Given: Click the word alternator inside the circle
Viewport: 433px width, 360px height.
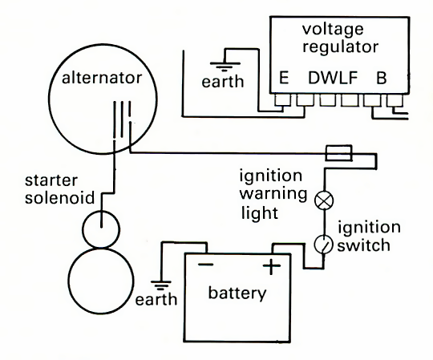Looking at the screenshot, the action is (102, 78).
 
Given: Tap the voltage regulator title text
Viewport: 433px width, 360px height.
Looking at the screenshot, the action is (340, 38).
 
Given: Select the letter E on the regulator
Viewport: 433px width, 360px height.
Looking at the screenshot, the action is (284, 78).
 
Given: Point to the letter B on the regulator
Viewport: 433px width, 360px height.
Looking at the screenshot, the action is (382, 78).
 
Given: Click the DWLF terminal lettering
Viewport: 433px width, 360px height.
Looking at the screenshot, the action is (333, 78).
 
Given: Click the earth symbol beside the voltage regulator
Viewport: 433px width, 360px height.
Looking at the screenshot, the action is (225, 65).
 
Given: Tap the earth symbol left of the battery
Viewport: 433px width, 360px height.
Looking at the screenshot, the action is (161, 285).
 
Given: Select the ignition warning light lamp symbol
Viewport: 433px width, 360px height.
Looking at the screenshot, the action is (324, 200).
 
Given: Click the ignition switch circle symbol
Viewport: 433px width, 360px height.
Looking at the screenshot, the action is (324, 244).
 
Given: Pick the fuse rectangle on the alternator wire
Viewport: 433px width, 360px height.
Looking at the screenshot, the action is (338, 152).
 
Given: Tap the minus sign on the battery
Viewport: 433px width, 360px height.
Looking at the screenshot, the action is (206, 265).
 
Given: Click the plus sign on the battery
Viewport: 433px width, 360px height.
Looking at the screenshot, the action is (272, 266).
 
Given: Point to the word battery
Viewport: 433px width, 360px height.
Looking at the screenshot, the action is (237, 293).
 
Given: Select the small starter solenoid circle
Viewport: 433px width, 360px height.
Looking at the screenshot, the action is (101, 229).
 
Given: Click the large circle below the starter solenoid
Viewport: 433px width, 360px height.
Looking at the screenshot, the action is (101, 281).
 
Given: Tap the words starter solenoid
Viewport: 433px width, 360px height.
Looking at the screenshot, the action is (59, 189).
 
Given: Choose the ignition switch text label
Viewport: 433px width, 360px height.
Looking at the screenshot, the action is (369, 237).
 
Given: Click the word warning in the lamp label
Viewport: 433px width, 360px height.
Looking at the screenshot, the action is (273, 194).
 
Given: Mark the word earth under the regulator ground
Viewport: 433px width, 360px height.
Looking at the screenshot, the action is (223, 82).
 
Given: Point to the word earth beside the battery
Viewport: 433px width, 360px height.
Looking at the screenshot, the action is (156, 299).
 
